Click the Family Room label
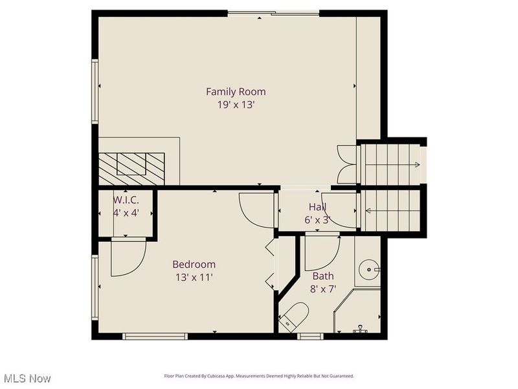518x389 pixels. pyautogui.click(x=236, y=91)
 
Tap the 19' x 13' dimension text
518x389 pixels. pyautogui.click(x=236, y=105)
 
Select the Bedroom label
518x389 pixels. pyautogui.click(x=194, y=265)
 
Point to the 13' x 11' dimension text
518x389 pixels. pyautogui.click(x=194, y=277)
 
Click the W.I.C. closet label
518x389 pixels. pyautogui.click(x=126, y=200)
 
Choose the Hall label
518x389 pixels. pyautogui.click(x=317, y=207)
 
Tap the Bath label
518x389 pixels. pyautogui.click(x=323, y=276)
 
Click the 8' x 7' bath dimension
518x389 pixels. pyautogui.click(x=322, y=289)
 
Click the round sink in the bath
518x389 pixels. pyautogui.click(x=369, y=270)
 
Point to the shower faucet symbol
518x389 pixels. pyautogui.click(x=360, y=329)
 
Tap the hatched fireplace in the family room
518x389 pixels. pyautogui.click(x=131, y=169)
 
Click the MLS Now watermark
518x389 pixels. pyautogui.click(x=26, y=378)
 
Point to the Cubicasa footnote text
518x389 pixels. pyautogui.click(x=259, y=376)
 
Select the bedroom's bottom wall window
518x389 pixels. pyautogui.click(x=155, y=336)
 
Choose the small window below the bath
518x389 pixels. pyautogui.click(x=310, y=336)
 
